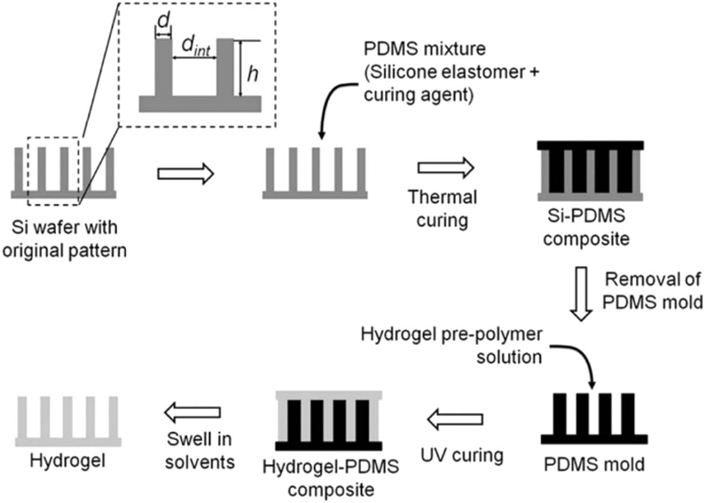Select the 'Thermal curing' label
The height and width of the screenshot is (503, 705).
point(442,208)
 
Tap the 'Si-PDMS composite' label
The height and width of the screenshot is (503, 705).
point(589,228)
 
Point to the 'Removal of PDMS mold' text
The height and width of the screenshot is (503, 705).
point(651,291)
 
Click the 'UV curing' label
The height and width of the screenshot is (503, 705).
point(461,456)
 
